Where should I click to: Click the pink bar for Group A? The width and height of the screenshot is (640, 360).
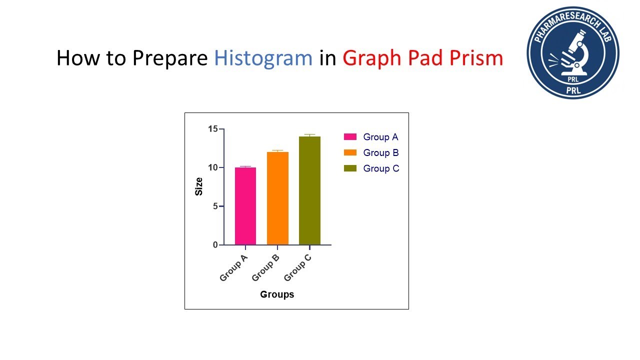click(x=245, y=206)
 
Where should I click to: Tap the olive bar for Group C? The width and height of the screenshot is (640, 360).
click(x=309, y=190)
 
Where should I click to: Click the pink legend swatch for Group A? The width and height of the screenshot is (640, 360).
click(x=350, y=137)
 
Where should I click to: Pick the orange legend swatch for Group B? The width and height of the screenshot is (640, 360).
click(x=350, y=152)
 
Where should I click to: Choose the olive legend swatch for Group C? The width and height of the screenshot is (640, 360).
click(x=350, y=168)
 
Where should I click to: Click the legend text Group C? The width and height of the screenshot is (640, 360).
click(x=381, y=168)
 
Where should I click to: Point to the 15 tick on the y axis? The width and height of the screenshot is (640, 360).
click(x=213, y=129)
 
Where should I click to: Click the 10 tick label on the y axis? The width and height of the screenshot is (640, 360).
click(x=213, y=167)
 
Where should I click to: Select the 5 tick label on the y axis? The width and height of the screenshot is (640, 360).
click(x=215, y=206)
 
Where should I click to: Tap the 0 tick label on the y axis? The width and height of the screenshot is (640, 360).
click(x=215, y=244)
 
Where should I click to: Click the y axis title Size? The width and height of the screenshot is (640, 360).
click(x=199, y=186)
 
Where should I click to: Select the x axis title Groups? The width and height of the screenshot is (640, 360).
click(x=277, y=294)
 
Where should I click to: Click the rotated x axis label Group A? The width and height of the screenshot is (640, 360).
click(x=234, y=268)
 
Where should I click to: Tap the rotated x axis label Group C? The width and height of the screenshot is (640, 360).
click(x=298, y=268)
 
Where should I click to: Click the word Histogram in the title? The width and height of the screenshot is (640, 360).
click(x=263, y=58)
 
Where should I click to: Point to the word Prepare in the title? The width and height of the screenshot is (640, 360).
click(x=169, y=58)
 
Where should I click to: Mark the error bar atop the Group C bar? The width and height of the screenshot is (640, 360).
click(x=309, y=135)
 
